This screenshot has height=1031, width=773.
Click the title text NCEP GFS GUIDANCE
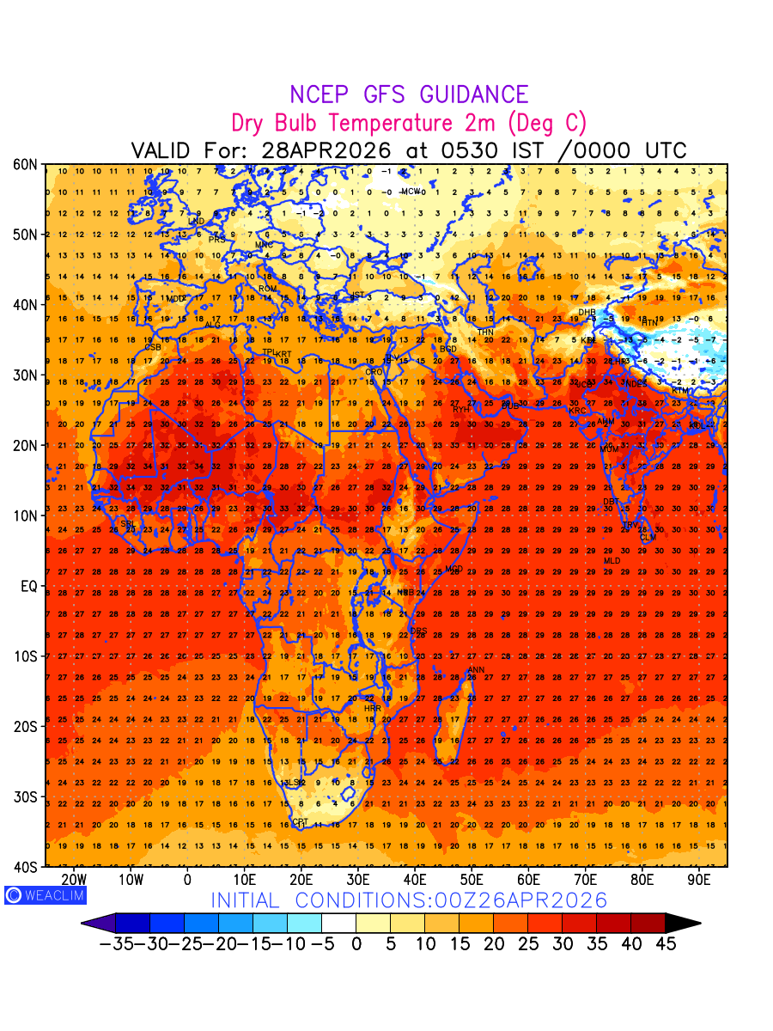pyautogui.click(x=408, y=95)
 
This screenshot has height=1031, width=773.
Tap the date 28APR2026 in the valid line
pyautogui.click(x=326, y=151)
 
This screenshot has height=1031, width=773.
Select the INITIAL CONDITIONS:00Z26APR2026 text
pyautogui.click(x=409, y=900)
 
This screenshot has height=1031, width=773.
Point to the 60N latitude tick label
pyautogui.click(x=26, y=164)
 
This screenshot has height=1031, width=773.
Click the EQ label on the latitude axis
pyautogui.click(x=28, y=586)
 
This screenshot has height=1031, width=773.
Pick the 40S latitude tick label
pyautogui.click(x=26, y=867)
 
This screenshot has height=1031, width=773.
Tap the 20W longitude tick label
pyautogui.click(x=75, y=880)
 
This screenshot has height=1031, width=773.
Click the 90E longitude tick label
pyautogui.click(x=699, y=880)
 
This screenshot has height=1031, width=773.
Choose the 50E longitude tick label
pyautogui.click(x=472, y=880)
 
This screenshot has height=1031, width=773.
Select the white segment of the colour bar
pyautogui.click(x=338, y=924)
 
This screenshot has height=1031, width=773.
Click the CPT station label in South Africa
pyautogui.click(x=300, y=822)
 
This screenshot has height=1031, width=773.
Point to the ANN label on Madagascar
pyautogui.click(x=476, y=670)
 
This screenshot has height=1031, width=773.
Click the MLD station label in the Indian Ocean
pyautogui.click(x=612, y=561)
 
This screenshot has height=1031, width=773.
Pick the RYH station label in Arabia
pyautogui.click(x=460, y=410)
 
